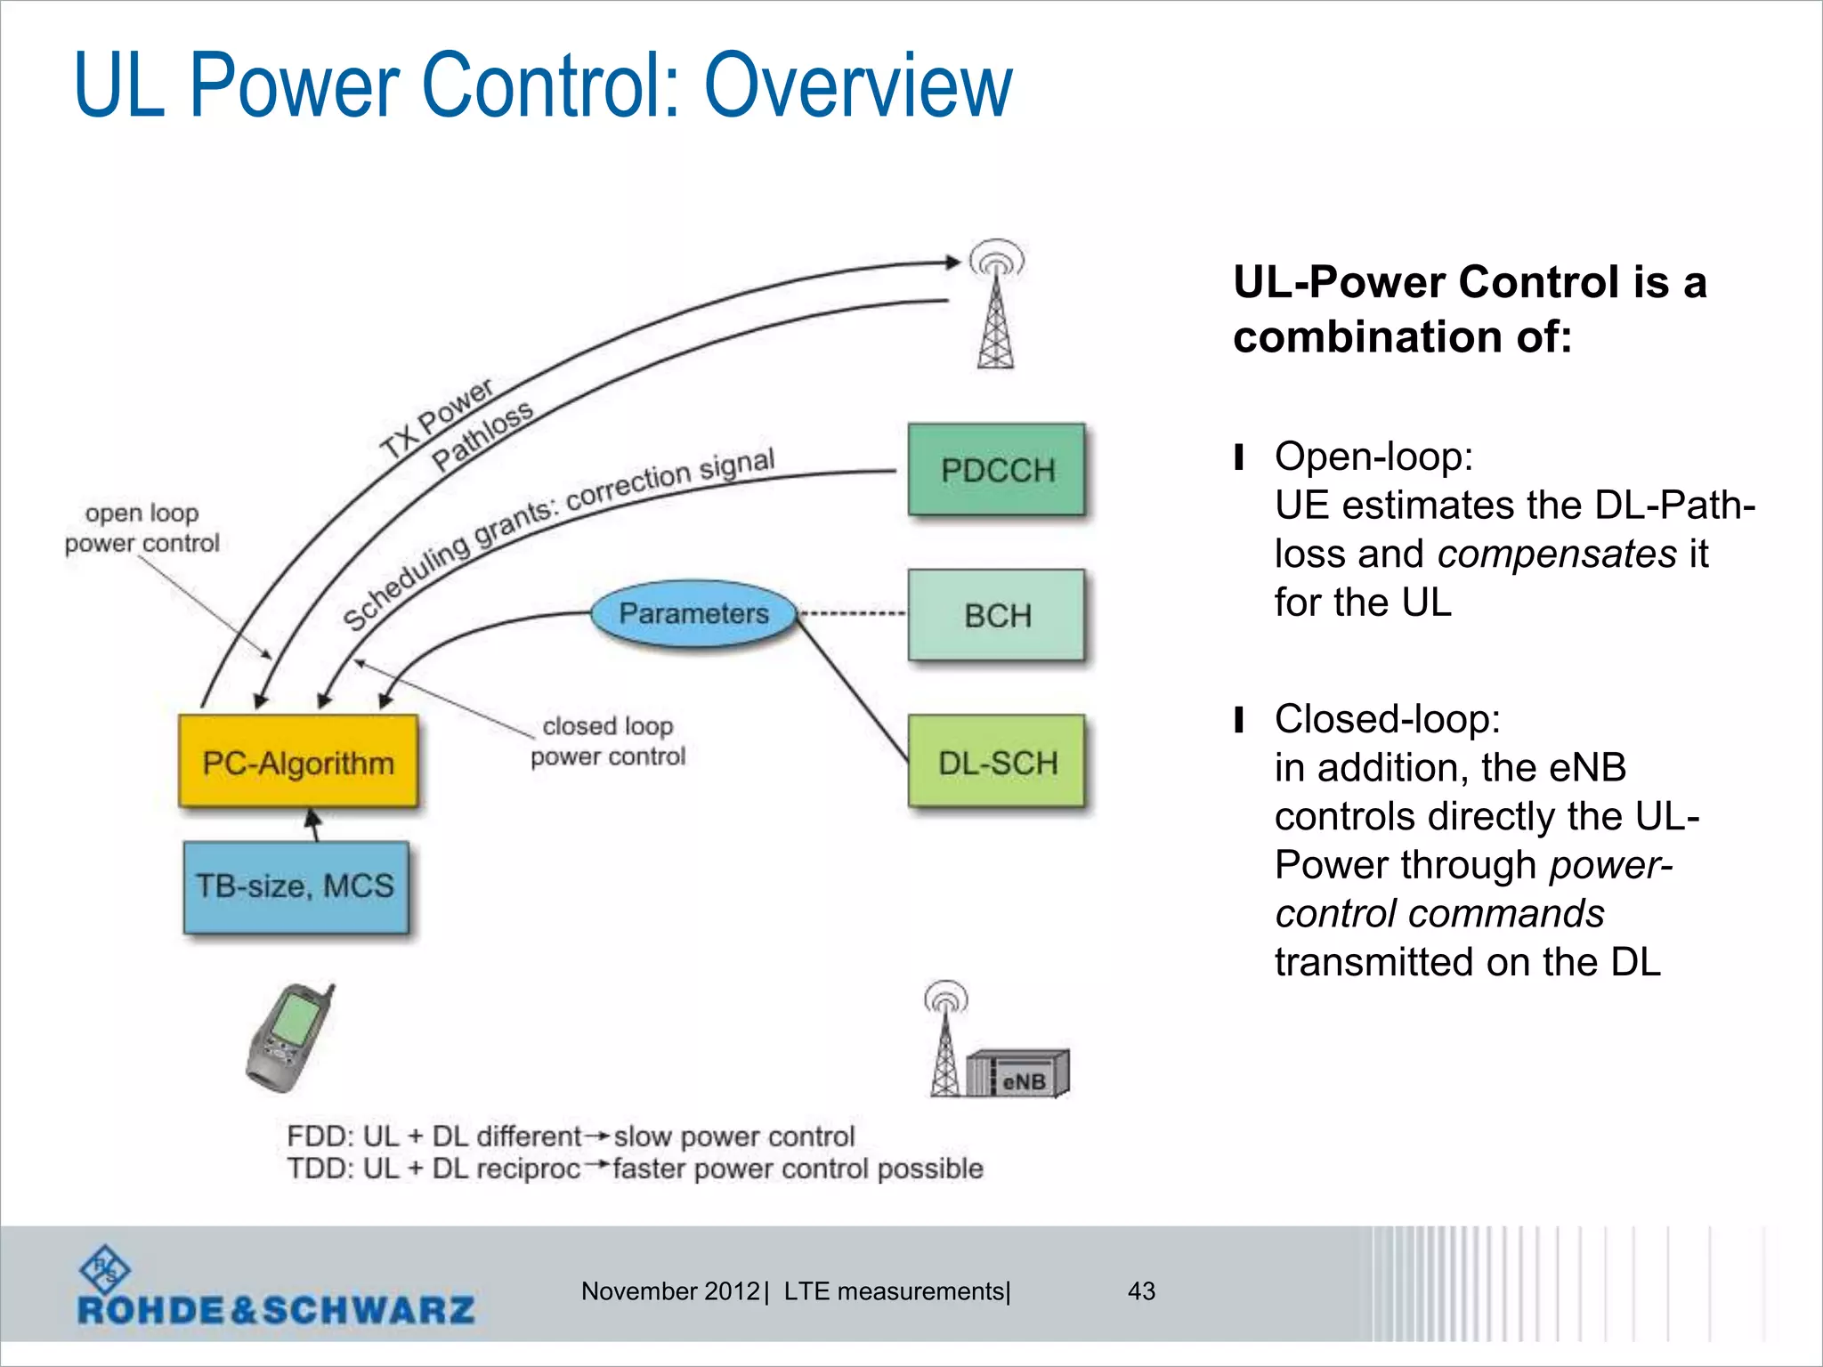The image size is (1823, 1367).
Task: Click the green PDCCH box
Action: click(x=996, y=470)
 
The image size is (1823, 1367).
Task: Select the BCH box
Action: click(x=996, y=615)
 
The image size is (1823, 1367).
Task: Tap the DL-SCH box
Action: click(x=996, y=762)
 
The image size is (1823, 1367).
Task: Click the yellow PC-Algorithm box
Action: click(x=298, y=763)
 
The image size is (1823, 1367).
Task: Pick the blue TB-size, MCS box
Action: click(x=296, y=886)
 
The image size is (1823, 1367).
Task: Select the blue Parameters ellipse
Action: click(x=693, y=613)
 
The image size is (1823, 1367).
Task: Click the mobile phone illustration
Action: click(x=289, y=1039)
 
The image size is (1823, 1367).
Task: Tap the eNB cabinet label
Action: click(x=1024, y=1080)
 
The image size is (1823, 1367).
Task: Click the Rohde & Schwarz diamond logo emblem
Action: click(x=104, y=1268)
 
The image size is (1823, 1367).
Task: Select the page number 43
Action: click(x=1141, y=1291)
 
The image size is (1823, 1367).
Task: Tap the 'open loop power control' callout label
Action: click(x=142, y=528)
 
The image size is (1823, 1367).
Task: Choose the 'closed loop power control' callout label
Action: click(x=608, y=740)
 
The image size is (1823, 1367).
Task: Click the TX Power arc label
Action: click(x=436, y=417)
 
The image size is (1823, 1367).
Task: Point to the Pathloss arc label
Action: click(x=482, y=434)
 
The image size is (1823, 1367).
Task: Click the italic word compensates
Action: click(x=1557, y=554)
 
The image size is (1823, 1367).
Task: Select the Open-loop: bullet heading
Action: click(x=1373, y=457)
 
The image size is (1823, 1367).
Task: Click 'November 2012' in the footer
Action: click(x=669, y=1291)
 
